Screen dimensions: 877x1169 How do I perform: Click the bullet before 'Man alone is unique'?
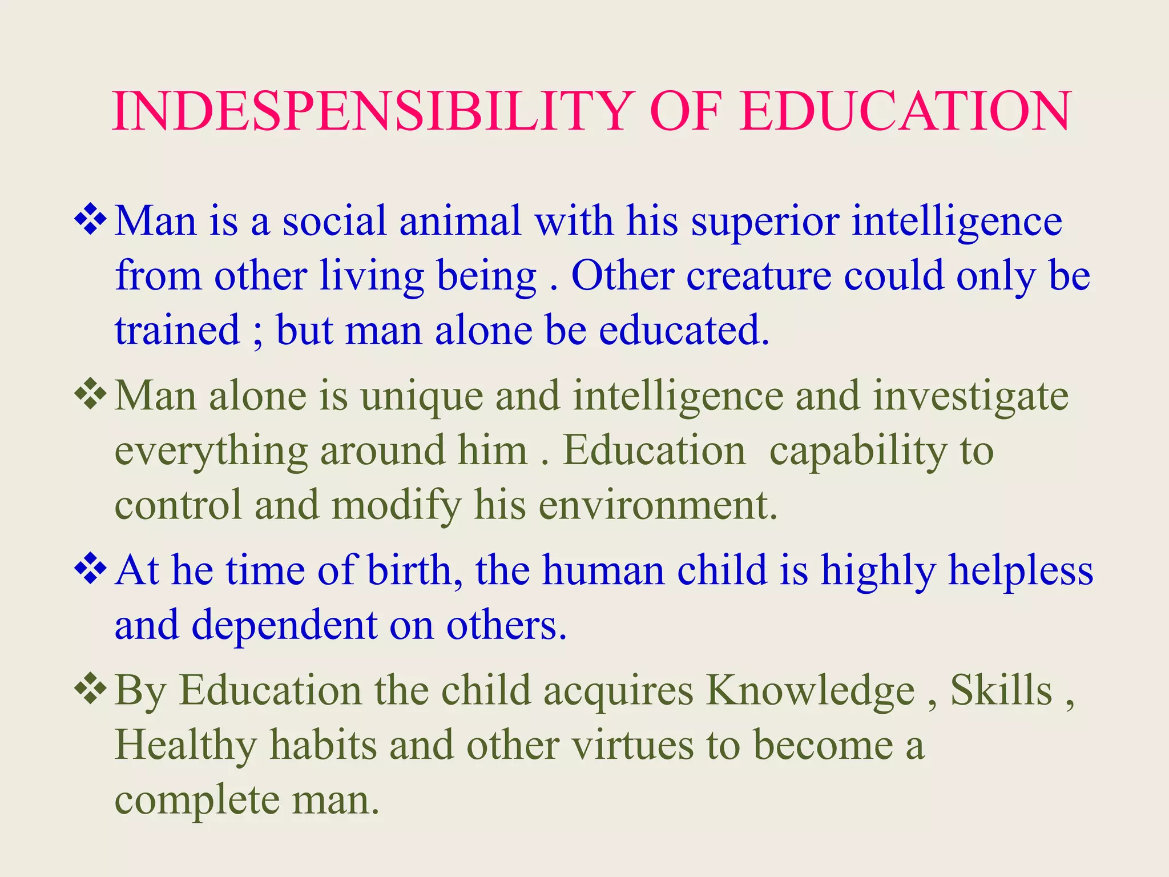pos(90,396)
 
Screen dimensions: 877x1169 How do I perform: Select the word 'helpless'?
pos(1021,572)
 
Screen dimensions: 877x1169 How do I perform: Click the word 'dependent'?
pos(284,626)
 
